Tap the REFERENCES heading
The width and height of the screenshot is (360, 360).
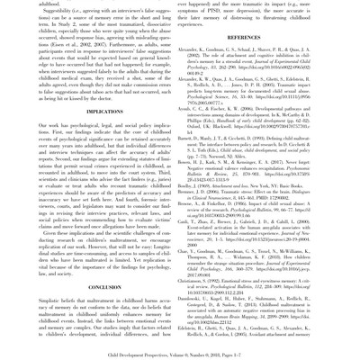coord(269,37)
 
